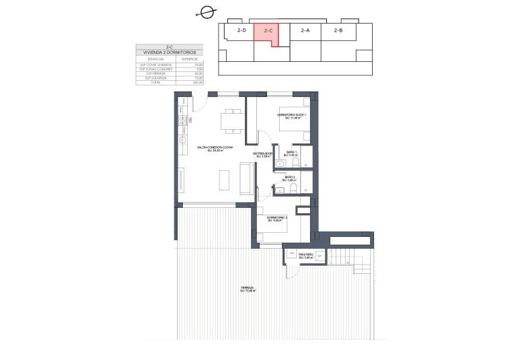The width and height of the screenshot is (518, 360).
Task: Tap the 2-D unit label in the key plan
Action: click(242, 30)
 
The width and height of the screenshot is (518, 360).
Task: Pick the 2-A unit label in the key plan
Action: click(305, 30)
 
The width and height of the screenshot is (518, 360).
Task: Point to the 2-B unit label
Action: click(338, 30)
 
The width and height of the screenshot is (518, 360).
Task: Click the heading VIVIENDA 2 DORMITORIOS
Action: click(160, 52)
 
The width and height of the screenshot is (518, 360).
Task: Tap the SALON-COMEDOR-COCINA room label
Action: click(215, 148)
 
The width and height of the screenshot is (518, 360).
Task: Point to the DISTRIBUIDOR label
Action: click(262, 153)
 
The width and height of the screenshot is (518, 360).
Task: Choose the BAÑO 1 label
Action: click(291, 153)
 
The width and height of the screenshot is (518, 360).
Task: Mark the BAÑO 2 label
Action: click(290, 178)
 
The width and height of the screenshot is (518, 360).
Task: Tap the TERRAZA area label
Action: click(248, 289)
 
